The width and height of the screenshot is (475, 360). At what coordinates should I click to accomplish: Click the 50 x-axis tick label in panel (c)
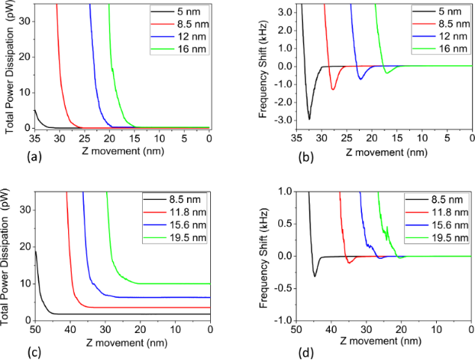(35, 329)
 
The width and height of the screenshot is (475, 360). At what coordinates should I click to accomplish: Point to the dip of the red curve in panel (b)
(333, 90)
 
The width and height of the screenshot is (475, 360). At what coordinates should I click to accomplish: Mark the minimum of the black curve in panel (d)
(315, 276)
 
